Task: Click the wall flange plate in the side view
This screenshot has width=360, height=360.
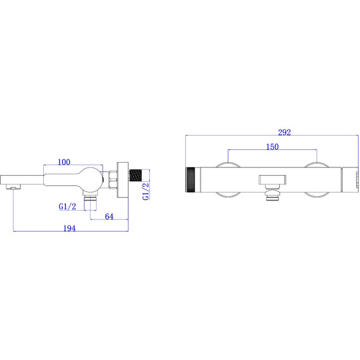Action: coord(124,179)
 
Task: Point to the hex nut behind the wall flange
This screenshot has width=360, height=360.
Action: coord(113,180)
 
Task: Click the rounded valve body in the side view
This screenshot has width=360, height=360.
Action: coord(90,179)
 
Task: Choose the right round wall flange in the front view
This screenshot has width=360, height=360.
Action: coord(316,180)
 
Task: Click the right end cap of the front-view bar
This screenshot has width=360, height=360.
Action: coord(348,180)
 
